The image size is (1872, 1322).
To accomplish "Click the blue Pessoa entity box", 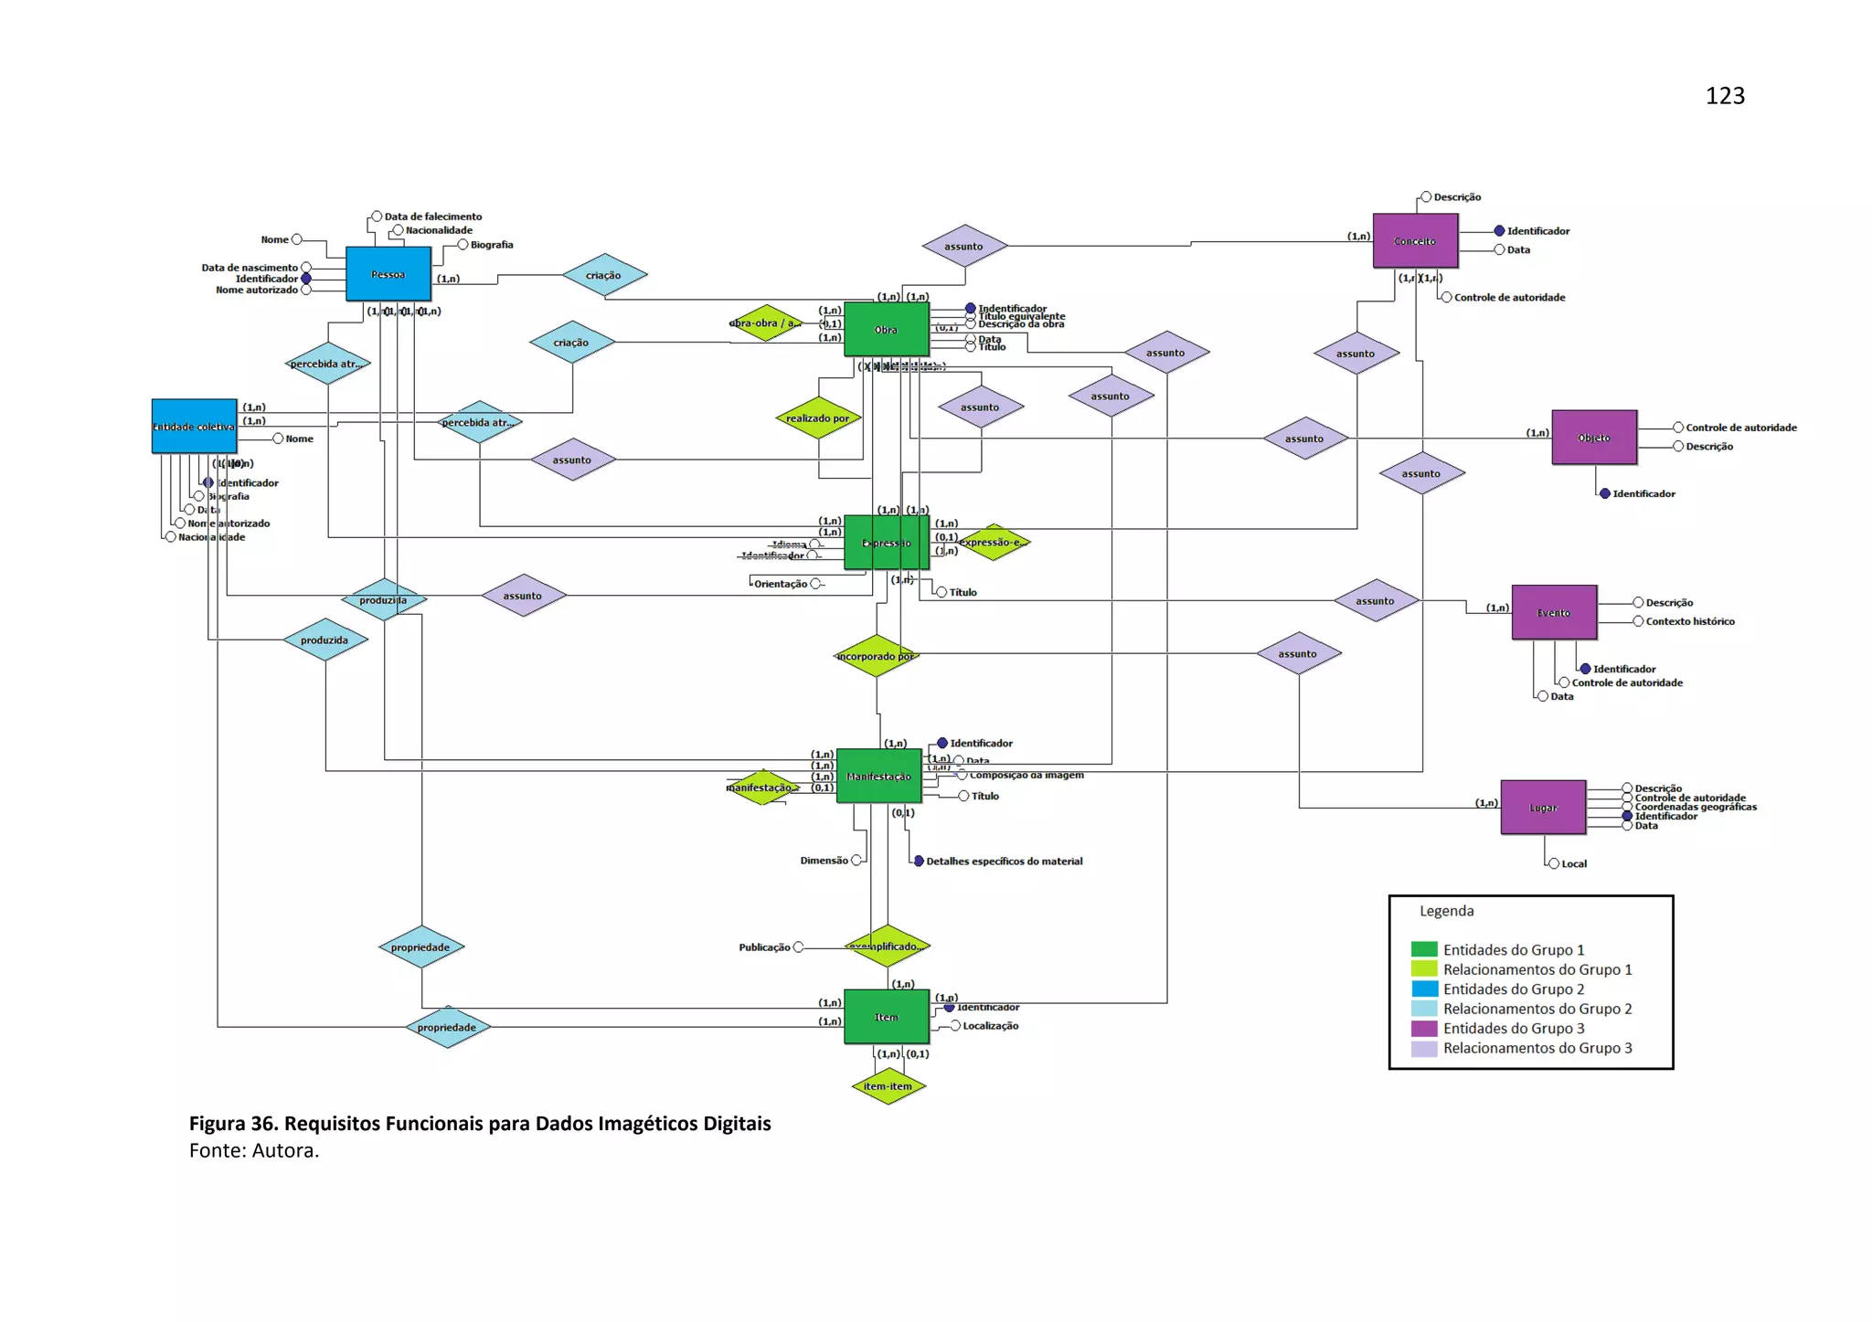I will click(388, 274).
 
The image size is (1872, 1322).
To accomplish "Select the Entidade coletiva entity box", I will click(194, 426).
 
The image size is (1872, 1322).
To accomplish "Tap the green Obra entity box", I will click(886, 329).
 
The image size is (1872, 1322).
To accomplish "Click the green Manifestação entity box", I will click(878, 777).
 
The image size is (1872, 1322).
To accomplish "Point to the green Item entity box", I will click(886, 1017).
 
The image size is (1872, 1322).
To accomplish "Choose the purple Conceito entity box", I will click(1415, 241).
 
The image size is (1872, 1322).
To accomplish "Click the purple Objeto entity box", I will click(1594, 438).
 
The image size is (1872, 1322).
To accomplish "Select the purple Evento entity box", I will click(1554, 612).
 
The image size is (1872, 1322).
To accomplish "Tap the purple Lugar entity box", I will click(1543, 808).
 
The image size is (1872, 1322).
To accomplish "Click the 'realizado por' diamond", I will click(818, 418).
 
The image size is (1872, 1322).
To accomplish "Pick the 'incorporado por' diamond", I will click(876, 656).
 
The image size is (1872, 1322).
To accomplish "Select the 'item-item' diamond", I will click(888, 1086).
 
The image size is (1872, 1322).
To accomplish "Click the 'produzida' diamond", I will click(324, 640).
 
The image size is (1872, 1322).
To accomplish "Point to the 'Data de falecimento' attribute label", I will click(432, 217).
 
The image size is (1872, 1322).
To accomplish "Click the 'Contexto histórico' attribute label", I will click(1689, 621).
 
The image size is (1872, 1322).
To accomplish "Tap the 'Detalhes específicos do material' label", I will click(1004, 861).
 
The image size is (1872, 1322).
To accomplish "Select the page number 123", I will click(1725, 96).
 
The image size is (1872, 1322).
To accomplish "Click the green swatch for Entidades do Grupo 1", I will click(1424, 950).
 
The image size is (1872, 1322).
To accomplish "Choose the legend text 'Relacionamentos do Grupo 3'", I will click(1537, 1048).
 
